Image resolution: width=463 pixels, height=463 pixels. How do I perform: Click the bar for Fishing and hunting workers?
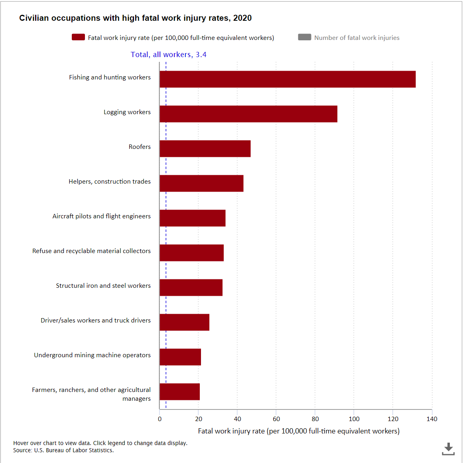tap(287, 79)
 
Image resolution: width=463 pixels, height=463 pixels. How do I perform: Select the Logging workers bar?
tap(248, 114)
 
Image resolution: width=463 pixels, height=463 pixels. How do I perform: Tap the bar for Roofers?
tap(205, 148)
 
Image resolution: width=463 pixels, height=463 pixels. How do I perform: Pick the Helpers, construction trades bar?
tap(201, 183)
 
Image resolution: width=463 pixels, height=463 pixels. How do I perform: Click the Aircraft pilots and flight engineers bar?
tap(192, 218)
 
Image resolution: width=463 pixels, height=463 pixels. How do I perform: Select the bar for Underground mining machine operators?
tap(180, 357)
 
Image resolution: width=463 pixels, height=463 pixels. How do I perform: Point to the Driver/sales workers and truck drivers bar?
tap(184, 322)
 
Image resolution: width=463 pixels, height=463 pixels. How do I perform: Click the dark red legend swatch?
tap(78, 37)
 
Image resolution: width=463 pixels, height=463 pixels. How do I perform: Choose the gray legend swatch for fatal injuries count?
tap(304, 37)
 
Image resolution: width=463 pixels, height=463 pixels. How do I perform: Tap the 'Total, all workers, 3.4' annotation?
tap(168, 55)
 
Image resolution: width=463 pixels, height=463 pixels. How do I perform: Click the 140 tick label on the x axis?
tap(431, 419)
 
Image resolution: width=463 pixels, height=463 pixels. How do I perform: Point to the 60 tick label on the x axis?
tap(276, 419)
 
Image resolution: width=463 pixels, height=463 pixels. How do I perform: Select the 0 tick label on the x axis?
tap(160, 419)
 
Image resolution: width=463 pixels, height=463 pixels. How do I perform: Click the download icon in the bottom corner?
tap(448, 449)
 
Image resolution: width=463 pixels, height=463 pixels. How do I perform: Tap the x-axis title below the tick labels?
tap(298, 431)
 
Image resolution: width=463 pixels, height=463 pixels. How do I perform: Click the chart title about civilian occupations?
tap(135, 18)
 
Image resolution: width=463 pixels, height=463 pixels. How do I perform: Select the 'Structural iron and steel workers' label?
tap(103, 286)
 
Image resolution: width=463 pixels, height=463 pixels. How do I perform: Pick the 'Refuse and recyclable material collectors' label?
tap(91, 251)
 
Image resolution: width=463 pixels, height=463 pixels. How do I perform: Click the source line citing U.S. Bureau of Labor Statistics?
tap(63, 450)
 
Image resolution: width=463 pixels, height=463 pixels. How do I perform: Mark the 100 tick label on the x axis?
tap(354, 419)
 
